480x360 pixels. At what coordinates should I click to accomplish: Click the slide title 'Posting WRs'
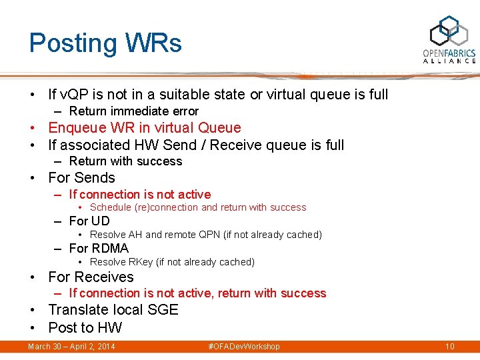point(105,43)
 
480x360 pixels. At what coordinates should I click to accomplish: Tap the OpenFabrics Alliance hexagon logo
point(449,31)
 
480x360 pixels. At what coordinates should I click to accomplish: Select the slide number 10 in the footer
point(450,346)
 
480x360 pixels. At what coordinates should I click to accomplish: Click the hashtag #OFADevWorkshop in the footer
point(244,346)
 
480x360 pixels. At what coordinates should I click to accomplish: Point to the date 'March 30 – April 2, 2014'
point(71,346)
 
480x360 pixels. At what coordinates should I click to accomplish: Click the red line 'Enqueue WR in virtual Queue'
point(145,127)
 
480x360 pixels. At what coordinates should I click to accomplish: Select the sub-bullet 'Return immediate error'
point(133,111)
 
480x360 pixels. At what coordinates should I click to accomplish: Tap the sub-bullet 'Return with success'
point(125,161)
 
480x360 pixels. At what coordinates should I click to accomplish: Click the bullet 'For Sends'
point(81,178)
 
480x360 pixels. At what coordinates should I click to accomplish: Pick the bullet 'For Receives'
point(91,277)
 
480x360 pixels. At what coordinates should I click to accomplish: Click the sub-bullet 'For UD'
point(89,221)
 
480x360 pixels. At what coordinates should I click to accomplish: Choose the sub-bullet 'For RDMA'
point(99,248)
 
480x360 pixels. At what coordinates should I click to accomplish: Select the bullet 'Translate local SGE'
point(113,309)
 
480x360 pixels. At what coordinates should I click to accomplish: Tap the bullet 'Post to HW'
point(85,327)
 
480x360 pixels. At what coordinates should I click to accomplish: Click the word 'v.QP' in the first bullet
point(80,95)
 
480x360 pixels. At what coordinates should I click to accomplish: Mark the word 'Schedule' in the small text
point(111,207)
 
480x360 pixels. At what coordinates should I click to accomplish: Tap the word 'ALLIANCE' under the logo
point(449,61)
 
